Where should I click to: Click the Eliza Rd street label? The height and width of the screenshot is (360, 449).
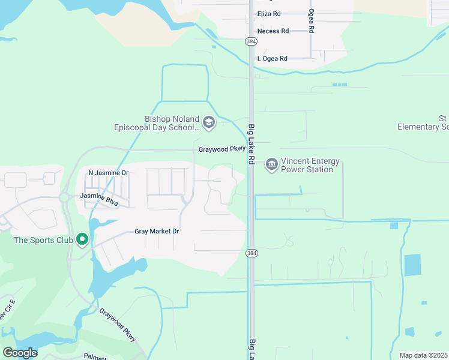pos(268,13)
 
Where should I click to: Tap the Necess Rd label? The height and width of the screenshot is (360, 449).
pos(273,31)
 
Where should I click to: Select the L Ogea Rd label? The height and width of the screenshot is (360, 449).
pos(272,58)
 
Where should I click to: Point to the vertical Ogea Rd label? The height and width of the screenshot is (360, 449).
pos(311,23)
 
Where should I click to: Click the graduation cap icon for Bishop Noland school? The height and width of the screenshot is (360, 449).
pos(208,123)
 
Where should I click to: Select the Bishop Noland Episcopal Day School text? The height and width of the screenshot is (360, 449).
pos(157,123)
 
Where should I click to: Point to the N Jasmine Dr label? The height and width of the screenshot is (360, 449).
pos(109,173)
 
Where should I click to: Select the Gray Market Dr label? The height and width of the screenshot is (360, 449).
pos(157,231)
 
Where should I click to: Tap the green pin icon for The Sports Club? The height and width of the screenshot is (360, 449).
pos(82,240)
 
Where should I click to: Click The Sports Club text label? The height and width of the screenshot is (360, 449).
pos(43,241)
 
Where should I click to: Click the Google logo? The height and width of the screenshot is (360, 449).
pos(20,353)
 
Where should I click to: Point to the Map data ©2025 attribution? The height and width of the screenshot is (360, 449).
pos(423,355)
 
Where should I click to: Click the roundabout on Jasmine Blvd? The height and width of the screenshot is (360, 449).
pos(64,197)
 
